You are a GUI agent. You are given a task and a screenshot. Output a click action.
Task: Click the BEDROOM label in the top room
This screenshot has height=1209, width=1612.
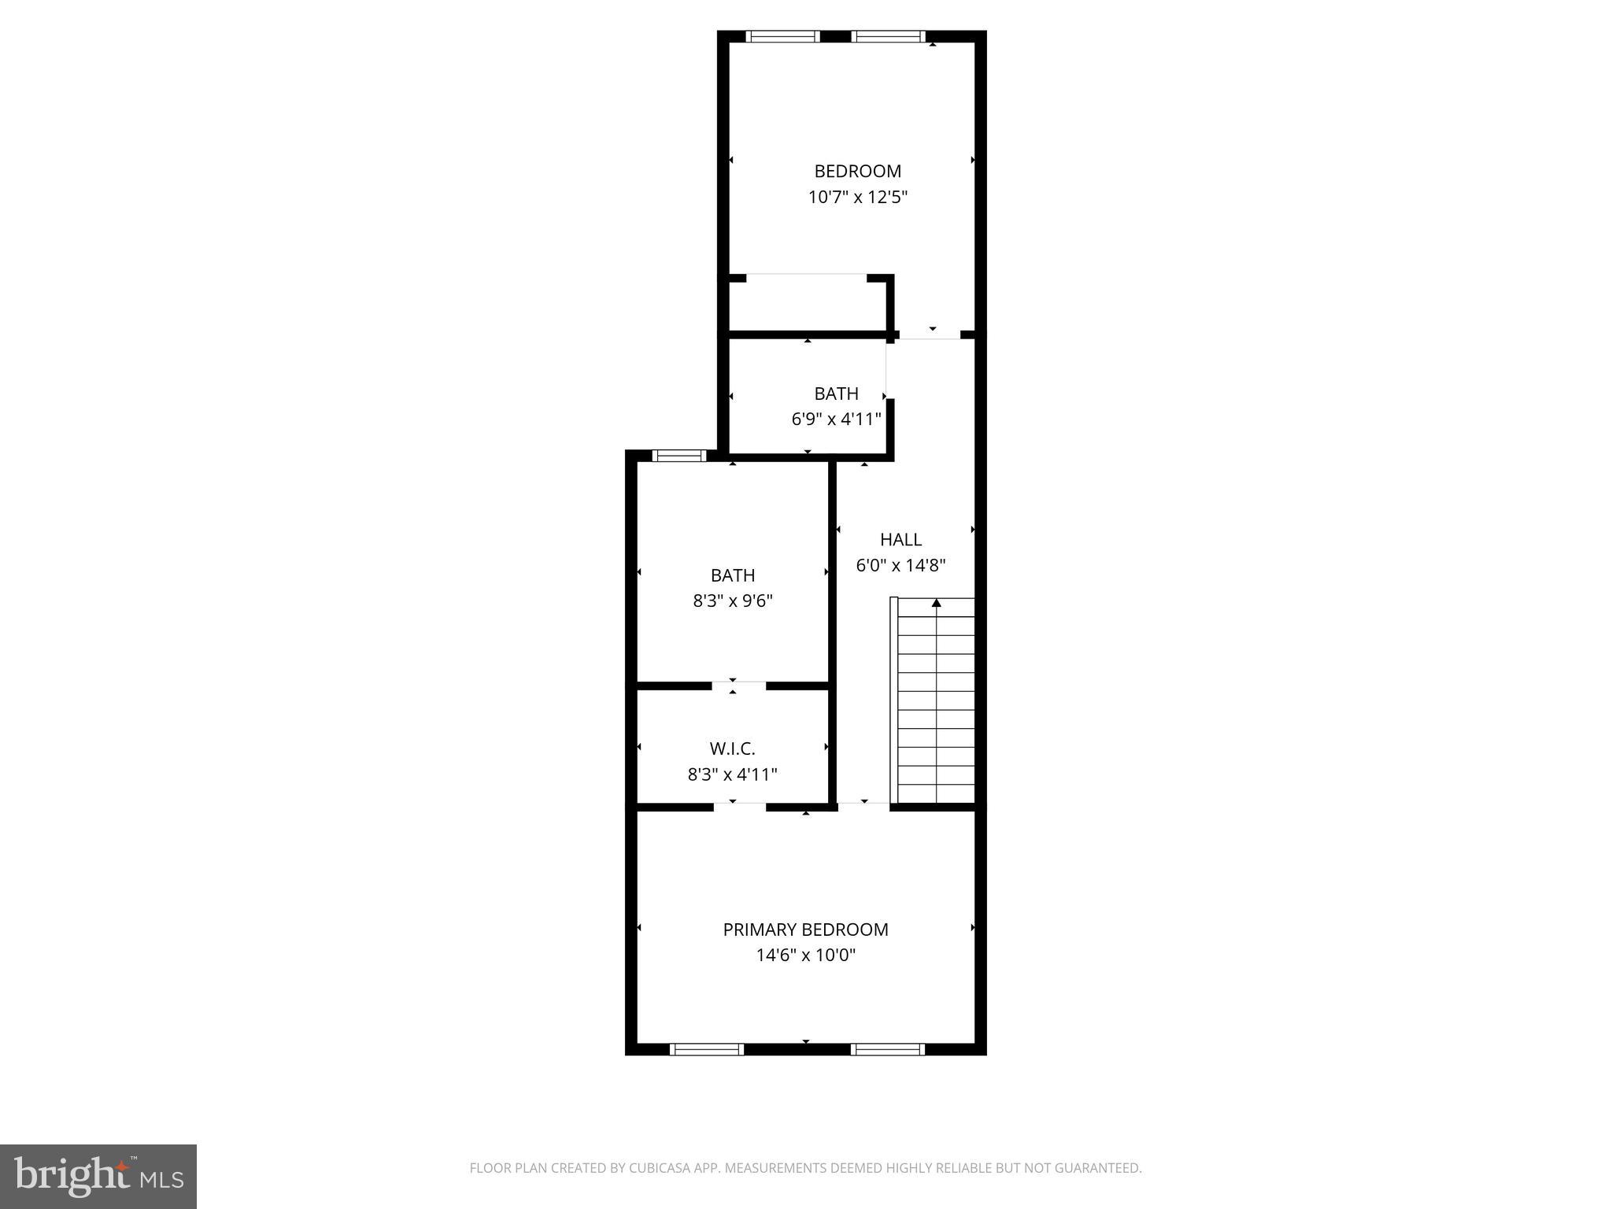click(x=857, y=171)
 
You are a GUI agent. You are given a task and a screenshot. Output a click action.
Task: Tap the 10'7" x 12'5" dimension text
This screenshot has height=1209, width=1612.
click(x=857, y=197)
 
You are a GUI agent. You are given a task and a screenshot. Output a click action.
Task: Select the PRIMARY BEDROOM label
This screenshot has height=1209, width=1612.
click(x=805, y=930)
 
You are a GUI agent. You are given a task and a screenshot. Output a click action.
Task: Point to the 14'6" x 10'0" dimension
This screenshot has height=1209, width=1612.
click(x=805, y=956)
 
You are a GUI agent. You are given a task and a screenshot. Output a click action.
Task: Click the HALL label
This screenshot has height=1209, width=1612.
click(x=900, y=540)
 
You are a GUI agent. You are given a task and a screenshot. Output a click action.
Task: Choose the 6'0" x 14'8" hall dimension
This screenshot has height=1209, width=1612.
click(x=900, y=565)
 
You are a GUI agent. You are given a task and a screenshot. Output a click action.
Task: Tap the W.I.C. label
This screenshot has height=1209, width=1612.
click(x=732, y=749)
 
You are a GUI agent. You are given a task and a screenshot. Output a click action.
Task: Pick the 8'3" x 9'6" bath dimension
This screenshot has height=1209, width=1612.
click(x=732, y=601)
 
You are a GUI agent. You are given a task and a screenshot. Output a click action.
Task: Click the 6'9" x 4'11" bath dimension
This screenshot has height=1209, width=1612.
click(x=836, y=419)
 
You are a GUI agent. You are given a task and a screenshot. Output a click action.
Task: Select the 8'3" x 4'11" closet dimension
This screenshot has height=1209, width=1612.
click(x=732, y=775)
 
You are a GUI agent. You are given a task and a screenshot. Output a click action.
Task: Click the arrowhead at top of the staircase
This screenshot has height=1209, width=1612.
click(x=936, y=604)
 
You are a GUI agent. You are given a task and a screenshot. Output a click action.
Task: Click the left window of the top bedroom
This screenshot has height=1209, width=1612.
click(x=782, y=36)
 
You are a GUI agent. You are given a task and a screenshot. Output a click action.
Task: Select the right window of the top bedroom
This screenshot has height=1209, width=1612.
click(x=888, y=36)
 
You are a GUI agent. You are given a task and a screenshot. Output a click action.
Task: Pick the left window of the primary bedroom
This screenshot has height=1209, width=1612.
click(x=706, y=1048)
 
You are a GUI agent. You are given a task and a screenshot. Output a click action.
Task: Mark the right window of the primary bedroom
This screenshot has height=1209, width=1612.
click(x=887, y=1048)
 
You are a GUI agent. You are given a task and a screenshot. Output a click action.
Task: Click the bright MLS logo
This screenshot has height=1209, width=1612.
click(x=98, y=1176)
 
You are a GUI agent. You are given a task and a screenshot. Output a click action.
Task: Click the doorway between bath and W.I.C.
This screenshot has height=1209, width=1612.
click(x=738, y=686)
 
